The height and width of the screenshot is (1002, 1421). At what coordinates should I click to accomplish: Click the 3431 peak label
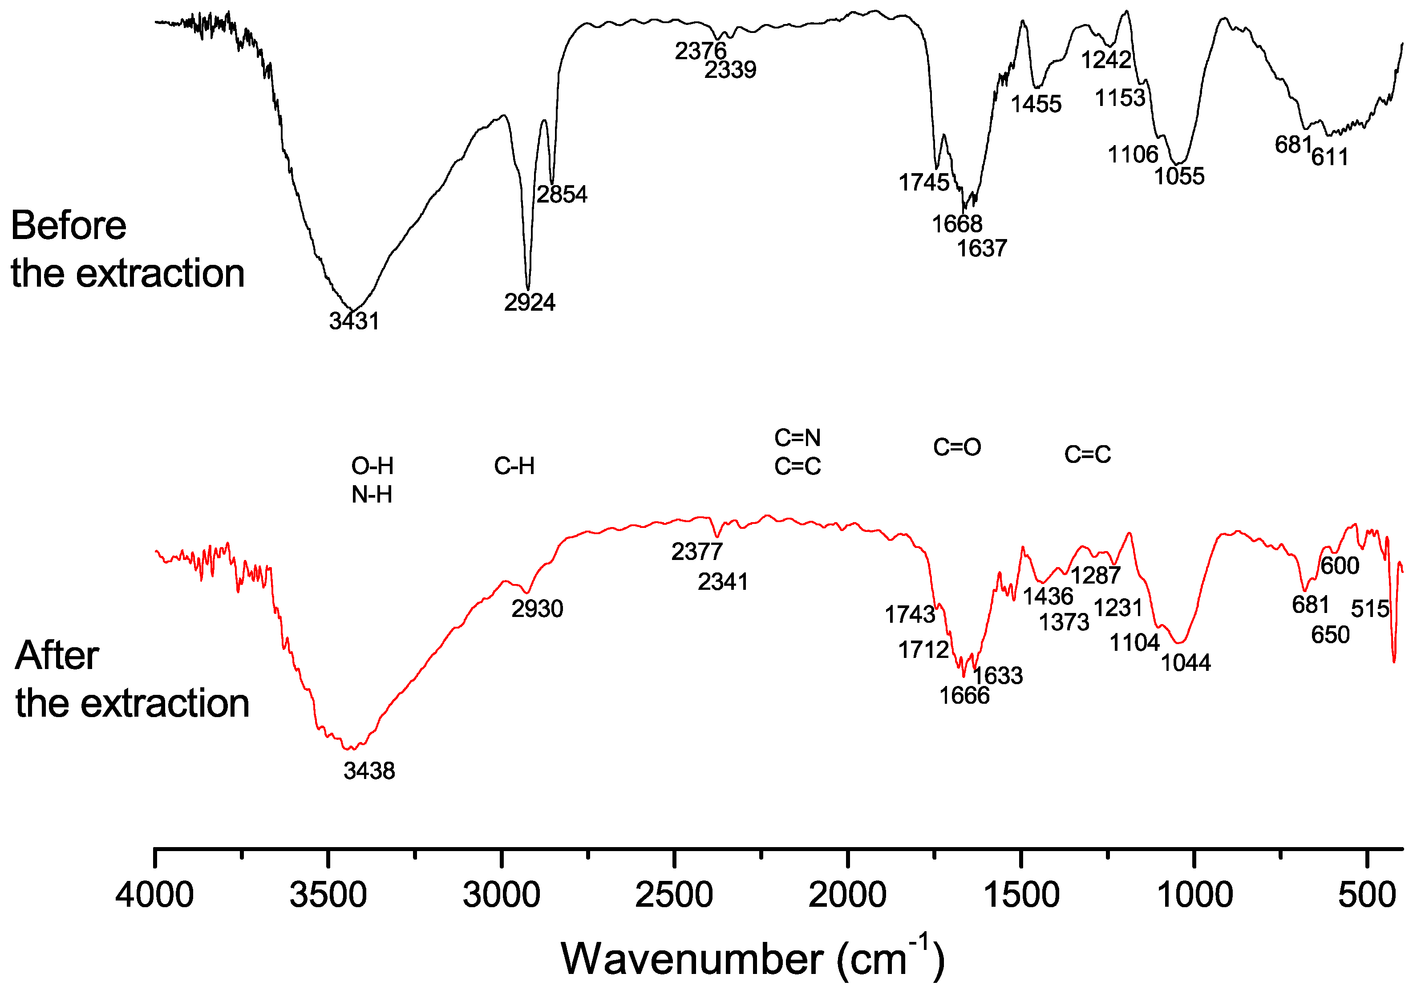pyautogui.click(x=354, y=321)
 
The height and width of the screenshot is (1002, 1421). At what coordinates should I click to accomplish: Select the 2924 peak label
pyautogui.click(x=529, y=303)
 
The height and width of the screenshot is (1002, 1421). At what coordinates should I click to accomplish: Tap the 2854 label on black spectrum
pyautogui.click(x=561, y=195)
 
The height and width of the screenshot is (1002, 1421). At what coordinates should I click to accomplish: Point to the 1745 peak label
pyautogui.click(x=923, y=183)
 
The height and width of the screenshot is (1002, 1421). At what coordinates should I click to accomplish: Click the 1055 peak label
pyautogui.click(x=1179, y=176)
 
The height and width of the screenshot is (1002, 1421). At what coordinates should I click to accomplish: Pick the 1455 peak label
pyautogui.click(x=1036, y=104)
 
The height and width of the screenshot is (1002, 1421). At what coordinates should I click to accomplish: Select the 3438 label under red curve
pyautogui.click(x=369, y=771)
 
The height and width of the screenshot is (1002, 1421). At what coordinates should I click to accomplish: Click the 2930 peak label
pyautogui.click(x=537, y=609)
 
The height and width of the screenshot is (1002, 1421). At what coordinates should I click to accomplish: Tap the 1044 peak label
pyautogui.click(x=1185, y=663)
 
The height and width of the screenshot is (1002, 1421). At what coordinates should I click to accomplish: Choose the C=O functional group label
pyautogui.click(x=957, y=447)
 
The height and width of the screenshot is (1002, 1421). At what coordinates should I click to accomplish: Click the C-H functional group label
pyautogui.click(x=514, y=466)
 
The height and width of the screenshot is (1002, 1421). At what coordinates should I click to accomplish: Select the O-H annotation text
pyautogui.click(x=372, y=466)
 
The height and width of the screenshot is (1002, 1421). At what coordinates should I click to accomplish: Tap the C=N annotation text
pyautogui.click(x=797, y=438)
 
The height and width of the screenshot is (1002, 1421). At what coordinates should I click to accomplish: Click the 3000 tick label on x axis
pyautogui.click(x=501, y=895)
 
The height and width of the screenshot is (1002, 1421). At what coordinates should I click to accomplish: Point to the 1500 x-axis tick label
pyautogui.click(x=1021, y=895)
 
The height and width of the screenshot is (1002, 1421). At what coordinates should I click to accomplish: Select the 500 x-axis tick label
pyautogui.click(x=1367, y=895)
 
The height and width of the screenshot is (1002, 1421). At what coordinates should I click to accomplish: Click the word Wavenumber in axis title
pyautogui.click(x=691, y=959)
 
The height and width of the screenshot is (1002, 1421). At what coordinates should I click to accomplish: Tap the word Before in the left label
pyautogui.click(x=69, y=225)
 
